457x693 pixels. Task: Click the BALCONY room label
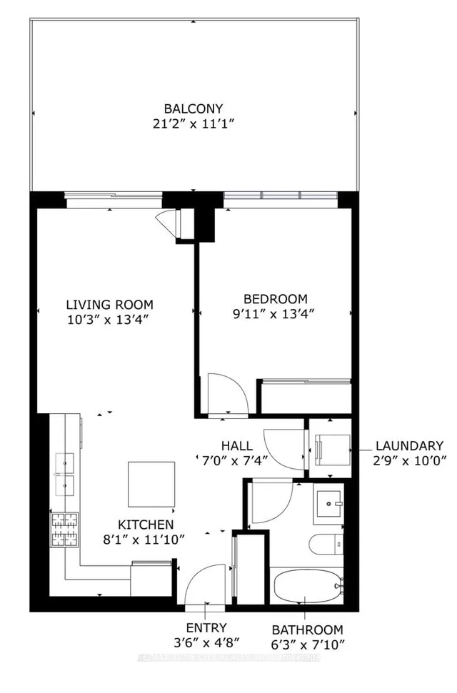194,108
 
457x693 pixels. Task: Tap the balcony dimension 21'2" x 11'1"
194,124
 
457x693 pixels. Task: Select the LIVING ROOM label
110,304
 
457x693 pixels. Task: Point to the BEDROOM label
275,298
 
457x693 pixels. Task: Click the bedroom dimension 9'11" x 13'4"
275,313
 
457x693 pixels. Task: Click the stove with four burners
64,530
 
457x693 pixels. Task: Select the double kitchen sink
64,475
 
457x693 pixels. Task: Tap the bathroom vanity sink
329,505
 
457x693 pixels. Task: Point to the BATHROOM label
307,630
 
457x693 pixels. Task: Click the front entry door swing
206,587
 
